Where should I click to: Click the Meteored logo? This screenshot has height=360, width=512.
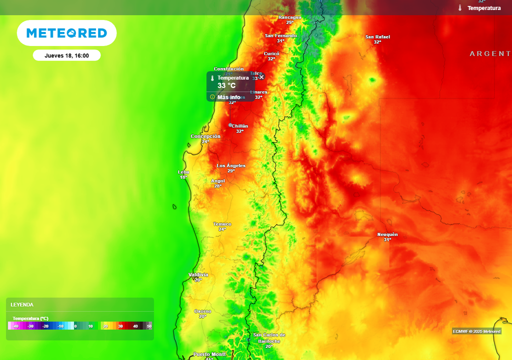pyautogui.click(x=66, y=33)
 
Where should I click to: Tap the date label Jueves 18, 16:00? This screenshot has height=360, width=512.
pyautogui.click(x=66, y=55)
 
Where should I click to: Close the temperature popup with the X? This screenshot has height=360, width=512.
pyautogui.click(x=261, y=77)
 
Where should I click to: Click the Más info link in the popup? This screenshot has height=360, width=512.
pyautogui.click(x=228, y=97)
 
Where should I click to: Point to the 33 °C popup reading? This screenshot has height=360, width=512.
pyautogui.click(x=226, y=85)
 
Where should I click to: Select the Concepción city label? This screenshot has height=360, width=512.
pyautogui.click(x=205, y=136)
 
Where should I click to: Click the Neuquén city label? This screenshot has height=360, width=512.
pyautogui.click(x=387, y=234)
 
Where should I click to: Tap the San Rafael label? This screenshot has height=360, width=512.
pyautogui.click(x=377, y=37)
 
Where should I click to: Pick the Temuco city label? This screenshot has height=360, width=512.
pyautogui.click(x=222, y=224)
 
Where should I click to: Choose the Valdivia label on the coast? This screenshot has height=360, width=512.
pyautogui.click(x=198, y=275)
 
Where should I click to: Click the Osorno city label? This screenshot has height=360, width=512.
pyautogui.click(x=202, y=311)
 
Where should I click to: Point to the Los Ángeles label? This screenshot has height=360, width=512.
pyautogui.click(x=231, y=165)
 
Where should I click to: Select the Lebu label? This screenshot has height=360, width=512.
pyautogui.click(x=183, y=172)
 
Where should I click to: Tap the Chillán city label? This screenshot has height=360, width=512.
pyautogui.click(x=239, y=126)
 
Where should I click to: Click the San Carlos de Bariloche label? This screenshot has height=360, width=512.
pyautogui.click(x=269, y=338)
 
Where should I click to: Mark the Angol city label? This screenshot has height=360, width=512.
pyautogui.click(x=218, y=181)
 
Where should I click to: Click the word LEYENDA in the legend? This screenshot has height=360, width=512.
pyautogui.click(x=22, y=304)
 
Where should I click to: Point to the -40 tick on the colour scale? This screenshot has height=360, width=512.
pyautogui.click(x=16, y=326)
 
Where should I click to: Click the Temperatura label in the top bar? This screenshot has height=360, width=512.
pyautogui.click(x=483, y=8)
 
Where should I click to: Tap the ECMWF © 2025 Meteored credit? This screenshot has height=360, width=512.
pyautogui.click(x=476, y=331)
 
